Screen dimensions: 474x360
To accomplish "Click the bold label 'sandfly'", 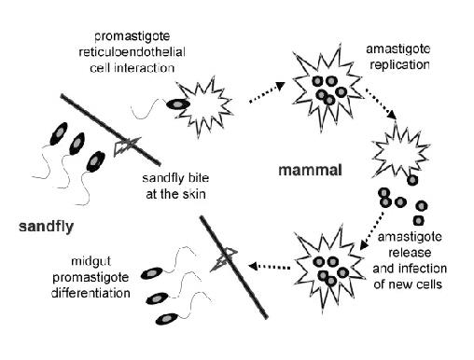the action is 46,227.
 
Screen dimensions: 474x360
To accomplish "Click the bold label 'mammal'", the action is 310,171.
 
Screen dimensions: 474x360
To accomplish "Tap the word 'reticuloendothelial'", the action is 132,52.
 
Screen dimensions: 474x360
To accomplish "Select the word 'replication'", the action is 400,65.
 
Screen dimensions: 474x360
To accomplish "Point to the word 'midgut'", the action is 91,261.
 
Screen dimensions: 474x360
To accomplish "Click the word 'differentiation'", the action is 91,293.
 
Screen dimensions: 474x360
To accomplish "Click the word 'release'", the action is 410,253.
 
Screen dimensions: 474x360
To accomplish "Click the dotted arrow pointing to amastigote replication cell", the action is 267,92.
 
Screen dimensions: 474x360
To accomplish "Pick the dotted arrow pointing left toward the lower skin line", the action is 270,266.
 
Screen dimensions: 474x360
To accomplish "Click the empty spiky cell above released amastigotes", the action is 400,151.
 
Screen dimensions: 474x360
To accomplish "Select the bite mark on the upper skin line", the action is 127,145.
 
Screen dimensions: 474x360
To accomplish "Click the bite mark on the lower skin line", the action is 225,258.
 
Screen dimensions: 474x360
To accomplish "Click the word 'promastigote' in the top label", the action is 132,36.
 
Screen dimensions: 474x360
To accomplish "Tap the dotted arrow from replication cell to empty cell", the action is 381,104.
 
